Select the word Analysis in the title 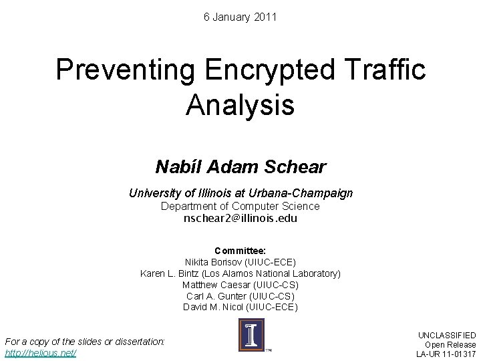(240, 104)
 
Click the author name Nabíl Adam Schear (240, 166)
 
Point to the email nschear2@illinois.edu (240, 218)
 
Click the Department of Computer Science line (240, 206)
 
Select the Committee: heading (240, 251)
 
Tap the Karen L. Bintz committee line (240, 273)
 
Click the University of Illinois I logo (251, 335)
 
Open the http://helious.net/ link (41, 352)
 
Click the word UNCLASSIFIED (447, 335)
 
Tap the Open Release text (450, 344)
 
